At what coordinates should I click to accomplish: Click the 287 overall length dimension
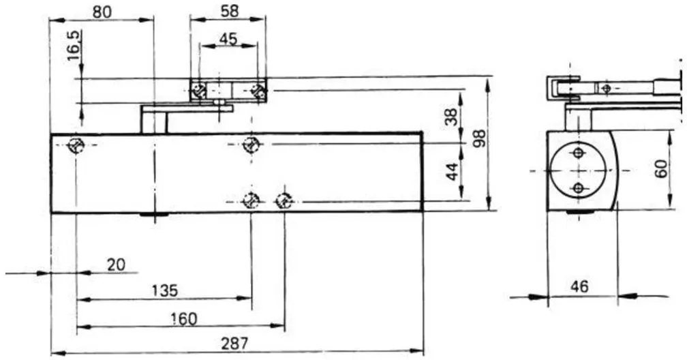[x=234, y=344]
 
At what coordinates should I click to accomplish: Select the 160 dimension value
[x=183, y=319]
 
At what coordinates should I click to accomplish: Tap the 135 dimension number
[x=165, y=290]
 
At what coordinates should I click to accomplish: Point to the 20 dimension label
[x=116, y=265]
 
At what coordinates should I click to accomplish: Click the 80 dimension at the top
[x=102, y=12]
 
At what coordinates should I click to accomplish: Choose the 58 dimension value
[x=229, y=11]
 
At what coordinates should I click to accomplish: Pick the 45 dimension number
[x=228, y=39]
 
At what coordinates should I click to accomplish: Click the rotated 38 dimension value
[x=451, y=116]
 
